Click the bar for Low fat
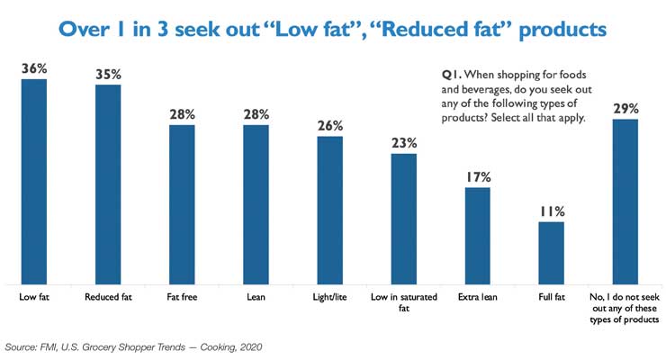[x=34, y=182]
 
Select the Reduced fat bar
[x=108, y=184]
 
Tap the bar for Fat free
[x=182, y=204]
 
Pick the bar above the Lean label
[x=256, y=204]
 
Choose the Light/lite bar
[x=329, y=211]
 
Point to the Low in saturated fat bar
[x=403, y=219]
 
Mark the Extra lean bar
[x=477, y=236]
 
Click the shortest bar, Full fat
[x=552, y=253]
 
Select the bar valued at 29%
[x=625, y=202]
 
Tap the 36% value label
[x=34, y=68]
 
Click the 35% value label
[x=108, y=75]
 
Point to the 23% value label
[x=404, y=143]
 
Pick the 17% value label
[x=478, y=177]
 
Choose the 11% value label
[x=553, y=211]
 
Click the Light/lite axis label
[x=329, y=297]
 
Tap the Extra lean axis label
[x=477, y=297]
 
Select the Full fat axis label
[x=552, y=297]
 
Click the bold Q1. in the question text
[x=452, y=75]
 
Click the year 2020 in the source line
[x=250, y=347]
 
